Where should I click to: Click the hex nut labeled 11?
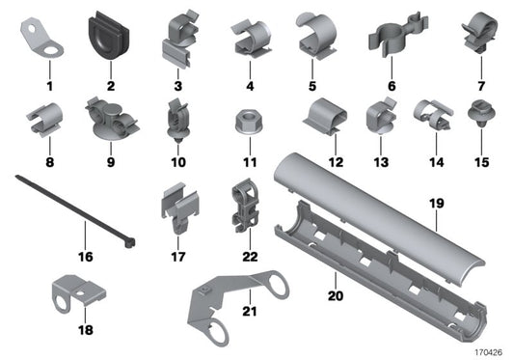pos(245,123)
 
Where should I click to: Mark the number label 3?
pos(177,86)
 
